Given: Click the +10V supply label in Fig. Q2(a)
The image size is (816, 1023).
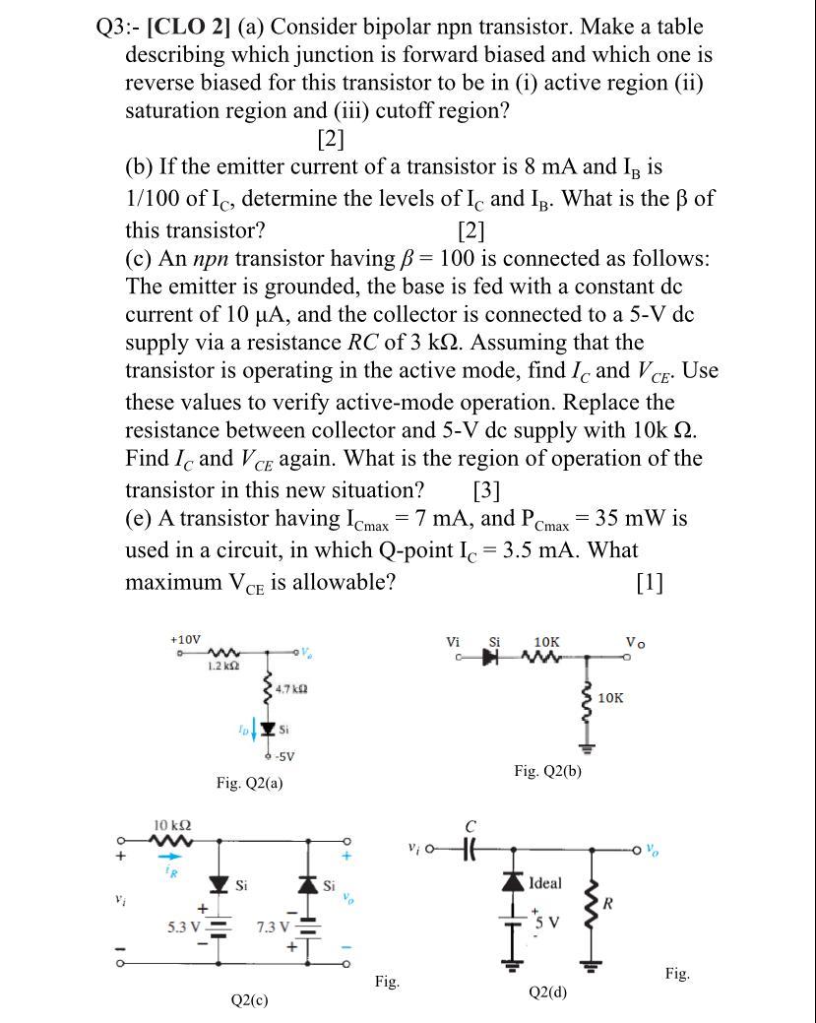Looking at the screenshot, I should tap(185, 639).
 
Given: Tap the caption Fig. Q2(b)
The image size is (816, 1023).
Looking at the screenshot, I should tap(547, 771).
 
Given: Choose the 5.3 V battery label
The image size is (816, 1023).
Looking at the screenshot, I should tap(186, 926).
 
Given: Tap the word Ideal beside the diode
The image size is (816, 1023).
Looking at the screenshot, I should tap(546, 883).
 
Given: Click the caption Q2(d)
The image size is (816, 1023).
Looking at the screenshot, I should tap(548, 992).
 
